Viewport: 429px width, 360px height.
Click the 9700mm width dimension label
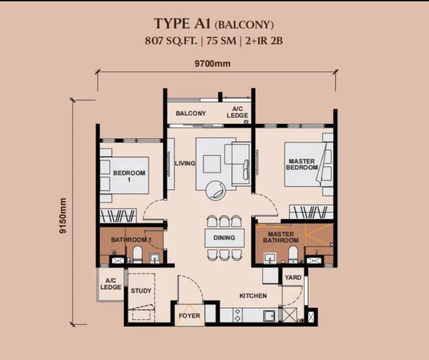[212, 64]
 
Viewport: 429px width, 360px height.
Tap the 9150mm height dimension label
[63, 216]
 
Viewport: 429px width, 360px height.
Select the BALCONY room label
[191, 113]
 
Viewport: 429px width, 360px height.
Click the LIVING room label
[185, 163]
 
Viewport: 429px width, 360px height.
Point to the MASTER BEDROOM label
[302, 164]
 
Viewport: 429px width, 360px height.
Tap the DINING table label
[225, 238]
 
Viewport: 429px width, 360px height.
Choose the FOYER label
[189, 316]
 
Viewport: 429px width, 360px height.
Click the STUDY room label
[141, 291]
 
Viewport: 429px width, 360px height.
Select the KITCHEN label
[253, 295]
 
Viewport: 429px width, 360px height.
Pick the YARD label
[293, 277]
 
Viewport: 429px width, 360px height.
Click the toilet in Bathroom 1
[137, 255]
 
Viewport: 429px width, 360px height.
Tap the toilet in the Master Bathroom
[293, 255]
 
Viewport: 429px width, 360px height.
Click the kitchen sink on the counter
[270, 316]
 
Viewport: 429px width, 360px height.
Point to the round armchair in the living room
[216, 190]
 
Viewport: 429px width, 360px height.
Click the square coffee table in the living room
[212, 164]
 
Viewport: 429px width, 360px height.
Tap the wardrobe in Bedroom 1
[118, 216]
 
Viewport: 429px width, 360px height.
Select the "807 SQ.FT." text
[171, 41]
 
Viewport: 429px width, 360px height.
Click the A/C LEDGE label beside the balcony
[237, 112]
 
